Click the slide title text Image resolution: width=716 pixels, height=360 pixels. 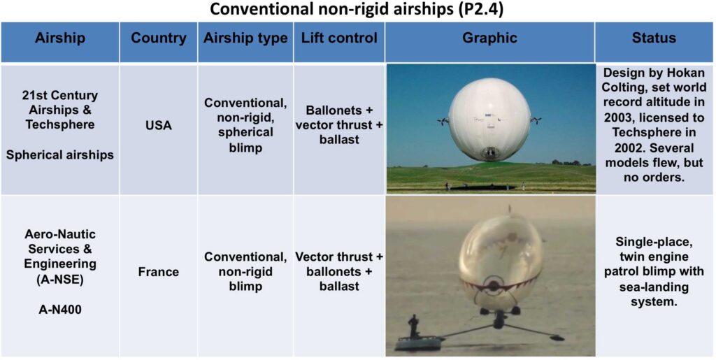[x=357, y=10]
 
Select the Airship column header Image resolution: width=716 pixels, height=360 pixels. [x=60, y=38]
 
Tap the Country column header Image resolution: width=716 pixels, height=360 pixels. [x=159, y=38]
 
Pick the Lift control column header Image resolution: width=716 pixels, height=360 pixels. [x=339, y=38]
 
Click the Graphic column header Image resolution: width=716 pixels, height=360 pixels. [x=490, y=38]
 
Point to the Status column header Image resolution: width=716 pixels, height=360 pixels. [x=654, y=38]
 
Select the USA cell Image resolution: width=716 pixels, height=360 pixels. [x=159, y=125]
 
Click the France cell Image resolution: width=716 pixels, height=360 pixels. [x=159, y=273]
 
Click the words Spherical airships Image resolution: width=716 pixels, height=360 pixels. [x=60, y=154]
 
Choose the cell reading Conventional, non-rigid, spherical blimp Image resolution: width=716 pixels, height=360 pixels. [x=245, y=125]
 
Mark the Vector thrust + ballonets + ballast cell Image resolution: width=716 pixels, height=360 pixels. [x=339, y=273]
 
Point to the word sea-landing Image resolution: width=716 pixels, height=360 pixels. [x=654, y=288]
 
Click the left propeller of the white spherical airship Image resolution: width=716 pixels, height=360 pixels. [x=443, y=122]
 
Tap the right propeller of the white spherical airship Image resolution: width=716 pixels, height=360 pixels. [x=536, y=120]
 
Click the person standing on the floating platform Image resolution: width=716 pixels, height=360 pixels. [x=414, y=326]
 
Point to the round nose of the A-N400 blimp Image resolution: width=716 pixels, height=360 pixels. [x=493, y=285]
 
